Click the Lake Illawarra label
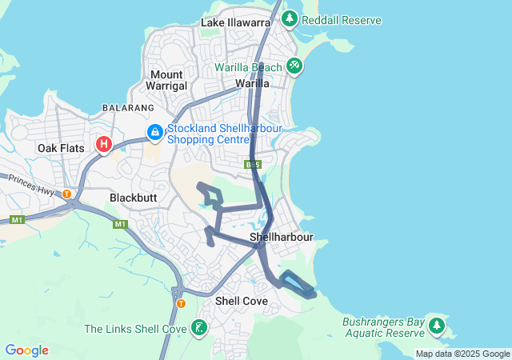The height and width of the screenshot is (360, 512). click(235, 22)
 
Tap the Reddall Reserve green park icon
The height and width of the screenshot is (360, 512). click(289, 18)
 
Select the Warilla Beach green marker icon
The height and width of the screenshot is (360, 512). click(294, 67)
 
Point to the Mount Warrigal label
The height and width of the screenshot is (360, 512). click(168, 80)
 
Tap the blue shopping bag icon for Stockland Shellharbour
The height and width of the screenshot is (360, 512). click(153, 131)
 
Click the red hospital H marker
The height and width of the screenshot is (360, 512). click(103, 145)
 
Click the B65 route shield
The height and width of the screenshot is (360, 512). click(253, 165)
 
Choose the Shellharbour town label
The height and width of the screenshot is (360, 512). click(280, 238)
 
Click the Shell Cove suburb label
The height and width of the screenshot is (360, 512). click(240, 301)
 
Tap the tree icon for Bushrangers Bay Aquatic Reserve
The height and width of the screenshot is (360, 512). click(436, 326)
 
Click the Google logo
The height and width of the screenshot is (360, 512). click(26, 350)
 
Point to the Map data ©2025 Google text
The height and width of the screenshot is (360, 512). click(462, 354)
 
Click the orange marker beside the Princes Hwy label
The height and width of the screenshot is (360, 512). click(67, 193)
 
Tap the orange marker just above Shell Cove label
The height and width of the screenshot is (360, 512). click(181, 303)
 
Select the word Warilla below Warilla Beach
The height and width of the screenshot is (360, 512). click(251, 83)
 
